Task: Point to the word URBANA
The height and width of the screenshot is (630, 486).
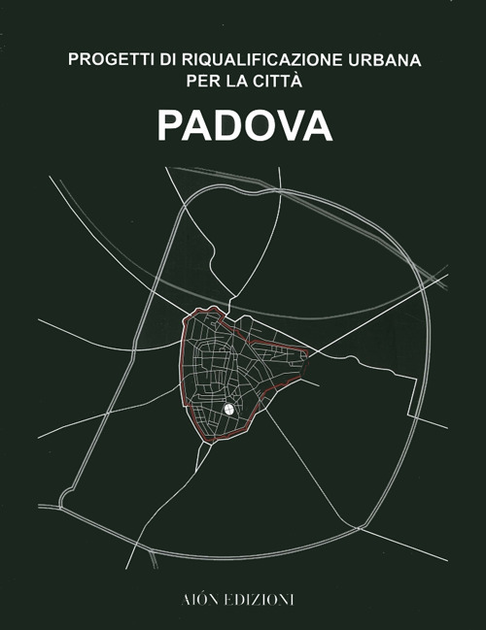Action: (x=383, y=60)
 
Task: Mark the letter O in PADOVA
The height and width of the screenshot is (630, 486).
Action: (x=258, y=126)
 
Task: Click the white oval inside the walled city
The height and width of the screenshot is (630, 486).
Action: (x=228, y=410)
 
